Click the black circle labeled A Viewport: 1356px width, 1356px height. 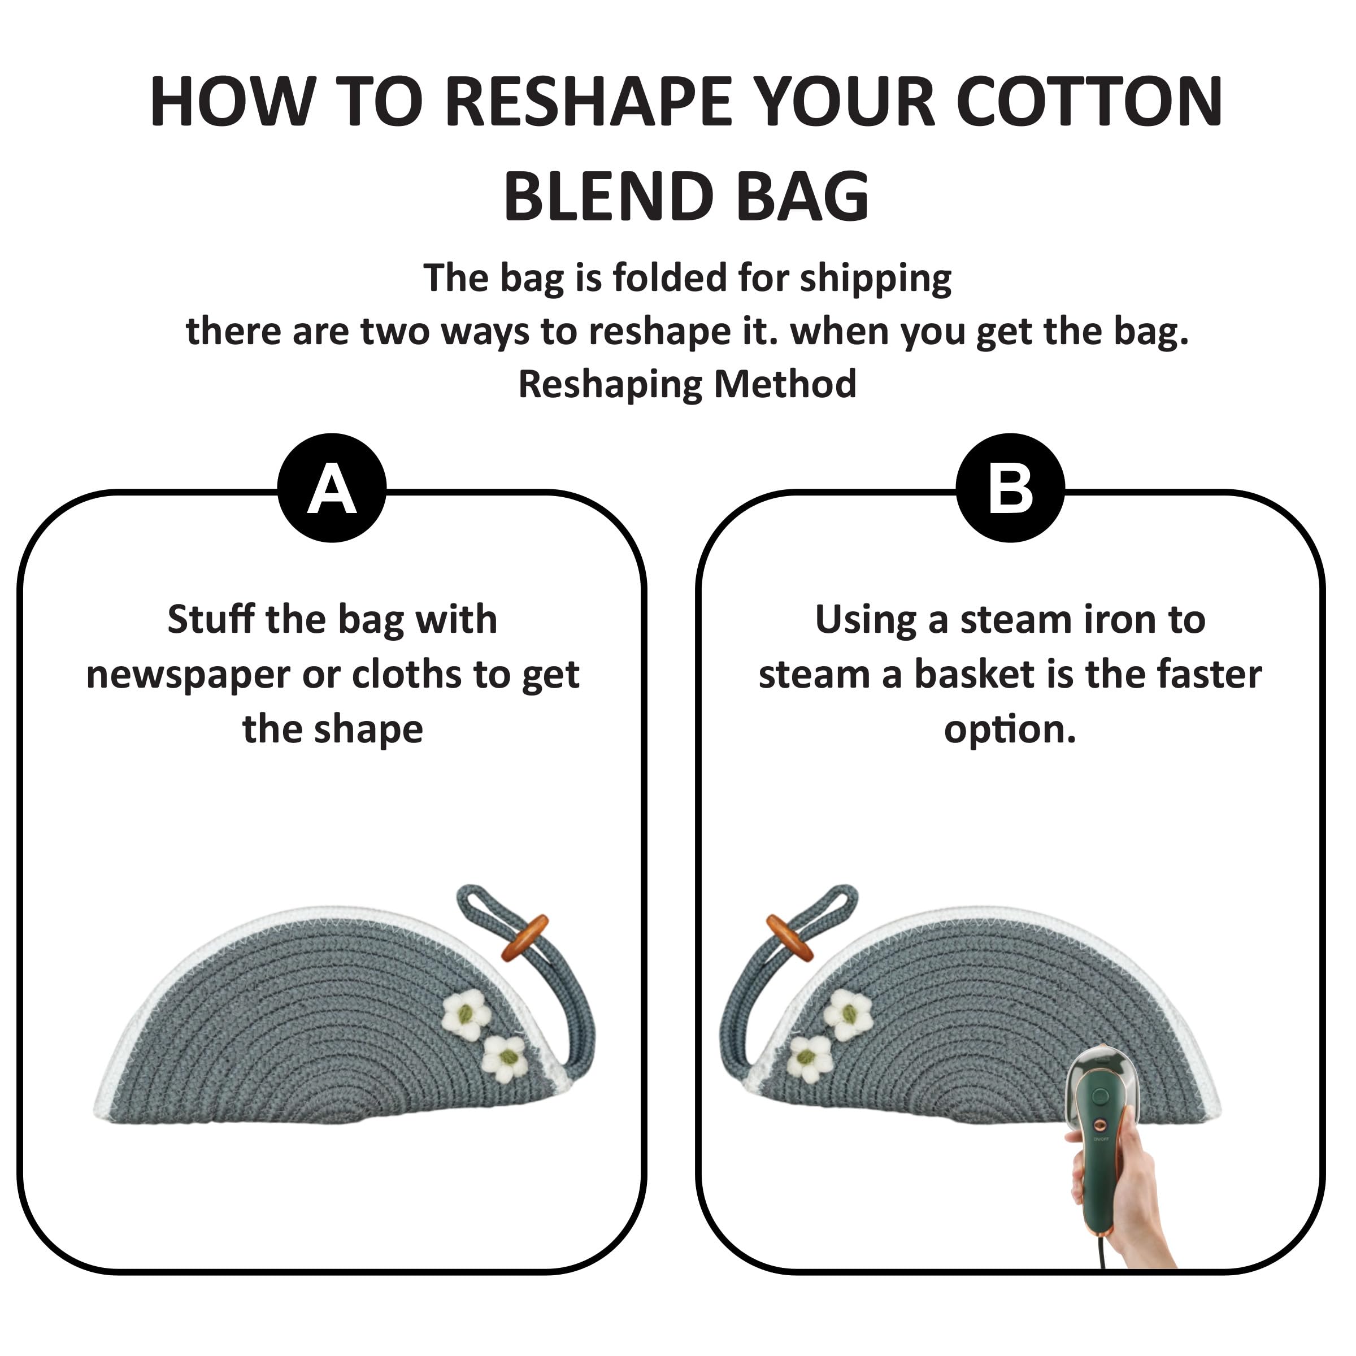[332, 488]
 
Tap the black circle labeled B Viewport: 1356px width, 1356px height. [1011, 488]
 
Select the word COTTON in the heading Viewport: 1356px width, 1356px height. [1089, 102]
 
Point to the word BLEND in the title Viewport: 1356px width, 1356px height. [608, 197]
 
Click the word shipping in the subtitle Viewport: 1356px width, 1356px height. [876, 279]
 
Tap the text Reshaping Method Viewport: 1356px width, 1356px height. [687, 385]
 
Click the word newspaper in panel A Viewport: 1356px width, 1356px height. [188, 676]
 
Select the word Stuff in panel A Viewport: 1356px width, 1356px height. [211, 619]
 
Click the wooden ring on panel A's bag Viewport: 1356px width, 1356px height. [524, 938]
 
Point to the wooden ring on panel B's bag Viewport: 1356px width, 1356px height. [790, 938]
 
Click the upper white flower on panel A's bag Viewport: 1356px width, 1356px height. [466, 1014]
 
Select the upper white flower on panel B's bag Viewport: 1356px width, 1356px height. [848, 1014]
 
